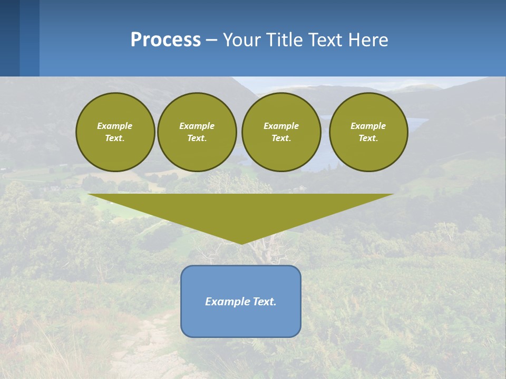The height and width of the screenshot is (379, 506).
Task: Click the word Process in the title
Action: click(x=166, y=40)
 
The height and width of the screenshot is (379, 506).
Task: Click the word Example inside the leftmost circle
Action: click(x=115, y=126)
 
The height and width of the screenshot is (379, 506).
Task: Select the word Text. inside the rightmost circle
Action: click(x=368, y=138)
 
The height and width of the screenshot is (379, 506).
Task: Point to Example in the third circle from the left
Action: click(x=281, y=126)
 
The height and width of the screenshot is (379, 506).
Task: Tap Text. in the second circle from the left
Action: click(x=197, y=138)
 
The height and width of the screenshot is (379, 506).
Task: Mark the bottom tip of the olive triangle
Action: click(x=241, y=243)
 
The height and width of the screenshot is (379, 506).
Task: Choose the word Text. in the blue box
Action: click(x=265, y=302)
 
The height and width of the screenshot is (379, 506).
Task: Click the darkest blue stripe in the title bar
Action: click(x=9, y=38)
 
